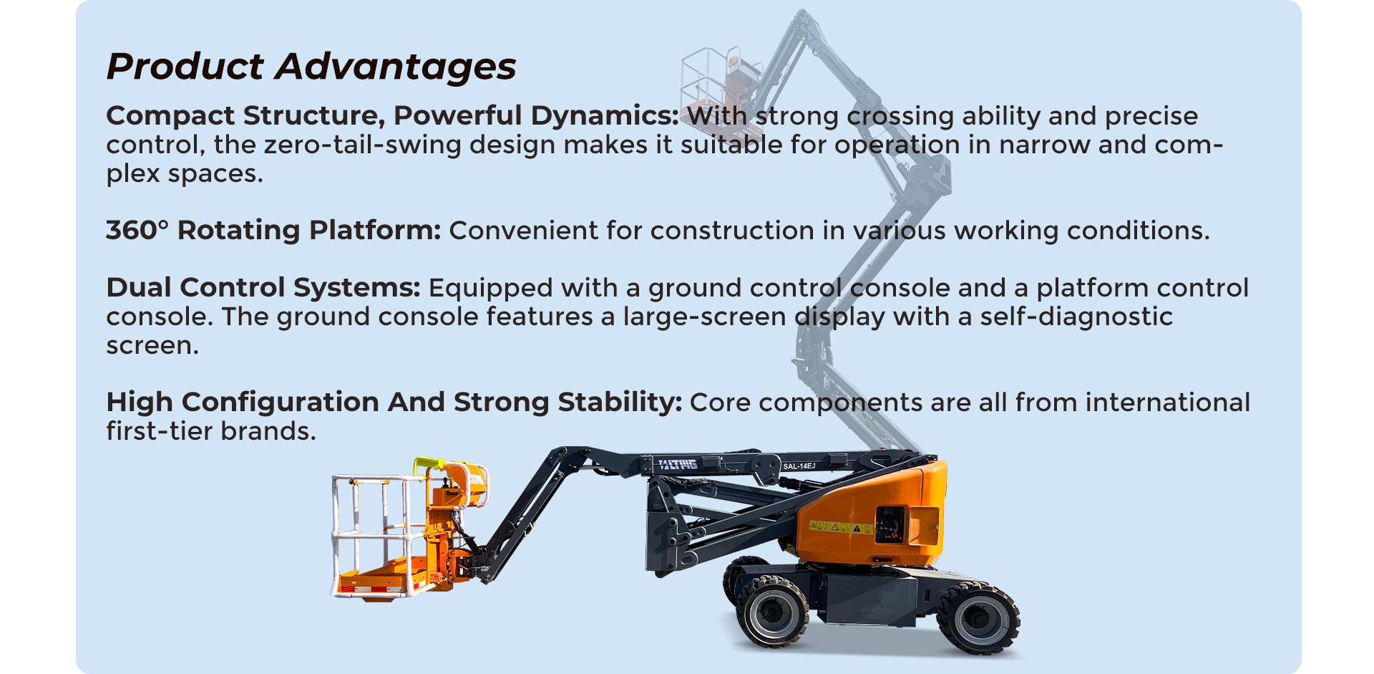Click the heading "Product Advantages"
point(311,67)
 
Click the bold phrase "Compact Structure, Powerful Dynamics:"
point(392,115)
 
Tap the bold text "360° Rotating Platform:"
point(273,230)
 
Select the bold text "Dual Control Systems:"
point(263,287)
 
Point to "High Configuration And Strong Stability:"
point(394,403)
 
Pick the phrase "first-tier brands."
point(211,431)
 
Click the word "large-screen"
point(704,317)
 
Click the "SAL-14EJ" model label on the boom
point(799,466)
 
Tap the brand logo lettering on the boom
point(678,465)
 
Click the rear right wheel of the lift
point(978,618)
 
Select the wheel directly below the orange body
point(771,611)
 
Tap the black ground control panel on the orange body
point(890,525)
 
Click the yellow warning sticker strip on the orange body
point(840,527)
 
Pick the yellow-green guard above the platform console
point(429,466)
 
